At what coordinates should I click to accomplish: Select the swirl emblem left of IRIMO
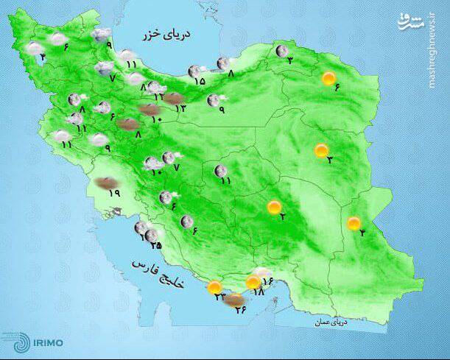click(16, 342)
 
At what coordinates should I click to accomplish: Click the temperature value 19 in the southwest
click(114, 194)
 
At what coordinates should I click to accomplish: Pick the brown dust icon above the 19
click(107, 180)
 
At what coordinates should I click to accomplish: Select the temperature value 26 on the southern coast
click(240, 309)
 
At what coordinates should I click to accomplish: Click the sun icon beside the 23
click(214, 287)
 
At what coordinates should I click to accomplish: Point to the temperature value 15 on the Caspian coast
click(200, 81)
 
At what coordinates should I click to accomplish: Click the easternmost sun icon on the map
click(354, 223)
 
